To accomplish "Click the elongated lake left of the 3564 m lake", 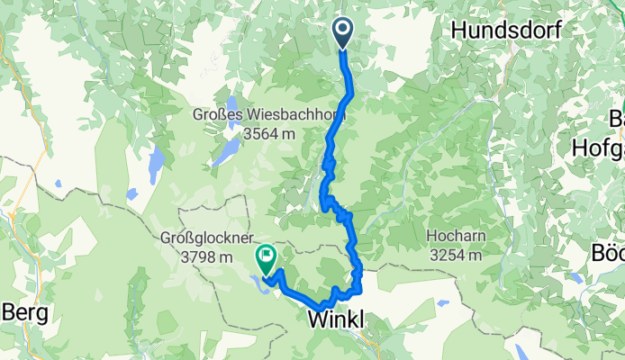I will point(157,162).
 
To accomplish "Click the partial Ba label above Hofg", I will point(614,118).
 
